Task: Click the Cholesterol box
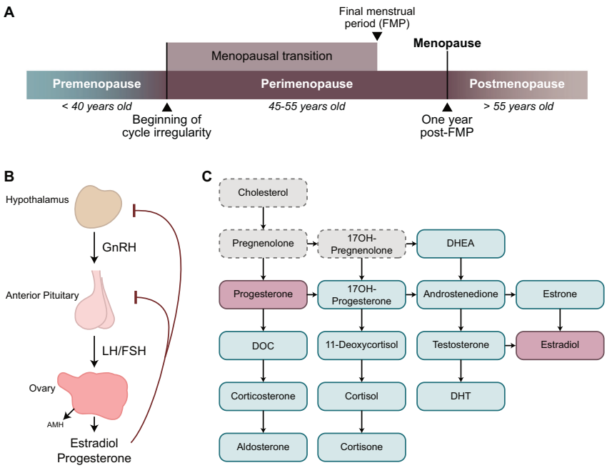tap(263, 193)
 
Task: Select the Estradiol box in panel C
tap(560, 344)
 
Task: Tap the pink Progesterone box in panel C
tap(263, 294)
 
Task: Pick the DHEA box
tap(461, 244)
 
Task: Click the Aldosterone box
tap(263, 447)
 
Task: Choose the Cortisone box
tap(362, 447)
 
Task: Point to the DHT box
tap(461, 396)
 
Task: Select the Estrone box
tap(560, 294)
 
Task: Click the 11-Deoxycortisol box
tap(362, 344)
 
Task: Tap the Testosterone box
tap(461, 344)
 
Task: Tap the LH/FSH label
tap(124, 352)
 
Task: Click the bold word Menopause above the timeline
tap(447, 44)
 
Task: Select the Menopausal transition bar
tap(271, 56)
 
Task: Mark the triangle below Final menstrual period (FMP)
tap(377, 47)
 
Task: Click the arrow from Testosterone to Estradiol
tap(508, 345)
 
